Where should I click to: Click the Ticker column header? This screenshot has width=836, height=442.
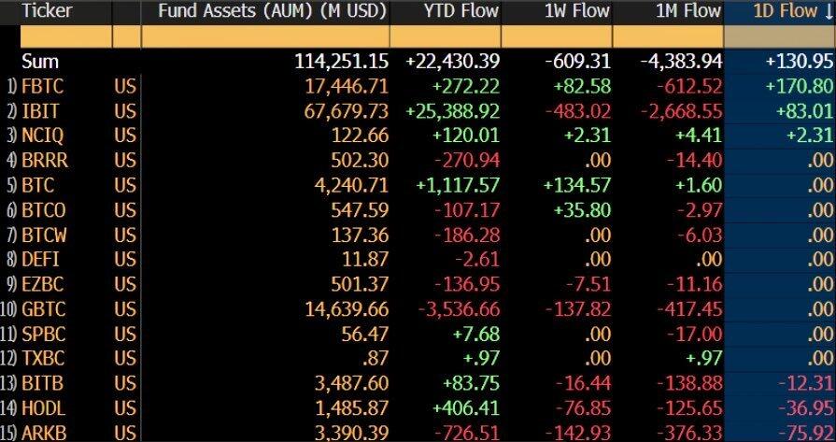44,12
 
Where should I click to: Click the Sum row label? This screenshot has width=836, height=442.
40,62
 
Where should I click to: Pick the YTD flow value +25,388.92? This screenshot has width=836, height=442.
453,111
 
